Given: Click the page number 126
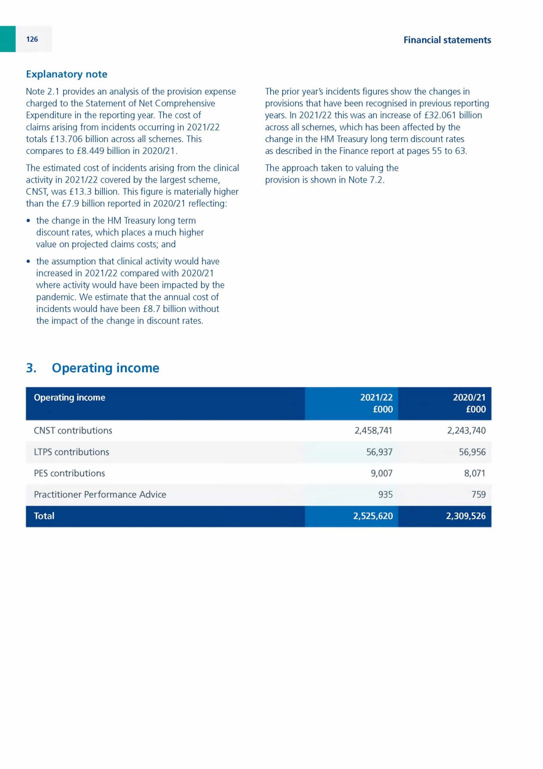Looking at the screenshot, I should [x=32, y=39].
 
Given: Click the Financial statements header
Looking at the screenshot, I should [x=447, y=40].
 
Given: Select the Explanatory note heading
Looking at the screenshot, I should [x=67, y=74].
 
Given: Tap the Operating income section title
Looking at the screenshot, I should [x=105, y=368].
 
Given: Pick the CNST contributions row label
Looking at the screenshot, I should [x=73, y=431].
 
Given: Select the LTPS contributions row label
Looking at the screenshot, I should [x=71, y=452].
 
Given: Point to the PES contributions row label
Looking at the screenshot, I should [x=69, y=473].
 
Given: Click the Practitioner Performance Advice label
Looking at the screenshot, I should [x=100, y=495].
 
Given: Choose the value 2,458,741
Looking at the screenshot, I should [x=373, y=431].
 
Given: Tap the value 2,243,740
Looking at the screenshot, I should [x=466, y=431].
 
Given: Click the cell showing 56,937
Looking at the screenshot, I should [x=379, y=452].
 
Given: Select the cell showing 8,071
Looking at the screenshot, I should [x=475, y=473].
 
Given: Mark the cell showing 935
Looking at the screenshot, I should [x=385, y=495].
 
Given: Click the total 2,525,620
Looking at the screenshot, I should [x=373, y=516].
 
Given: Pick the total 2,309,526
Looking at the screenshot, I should [x=466, y=516].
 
